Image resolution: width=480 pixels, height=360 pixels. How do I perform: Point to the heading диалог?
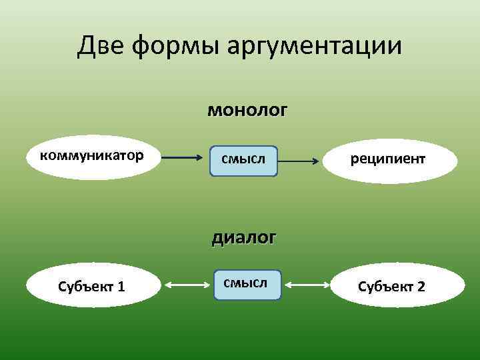[x=243, y=237]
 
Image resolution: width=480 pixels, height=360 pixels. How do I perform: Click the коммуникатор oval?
[x=93, y=157]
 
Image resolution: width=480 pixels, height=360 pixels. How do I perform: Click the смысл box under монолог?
[x=243, y=161]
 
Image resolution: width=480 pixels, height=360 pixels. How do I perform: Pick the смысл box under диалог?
[x=247, y=285]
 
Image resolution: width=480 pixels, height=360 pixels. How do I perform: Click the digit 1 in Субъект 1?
[x=121, y=287]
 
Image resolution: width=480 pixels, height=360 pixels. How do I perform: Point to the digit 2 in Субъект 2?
[x=421, y=287]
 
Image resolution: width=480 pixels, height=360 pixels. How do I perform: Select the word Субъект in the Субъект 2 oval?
[x=385, y=287]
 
